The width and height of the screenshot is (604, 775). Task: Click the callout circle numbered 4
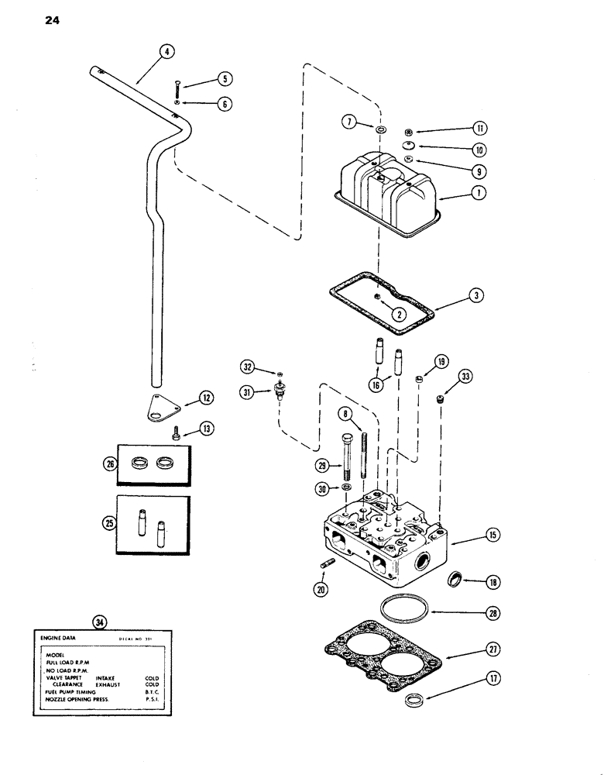[x=165, y=52]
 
